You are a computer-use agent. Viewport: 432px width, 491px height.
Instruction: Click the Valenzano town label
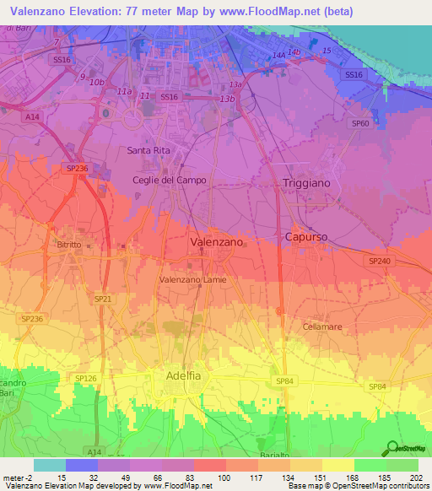point(217,241)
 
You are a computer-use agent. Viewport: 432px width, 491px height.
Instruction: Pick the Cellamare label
point(321,324)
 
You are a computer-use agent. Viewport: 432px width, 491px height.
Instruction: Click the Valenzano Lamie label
point(193,278)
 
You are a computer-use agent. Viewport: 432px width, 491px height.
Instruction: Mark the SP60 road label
point(360,123)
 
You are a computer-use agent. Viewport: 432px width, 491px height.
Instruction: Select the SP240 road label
point(379,262)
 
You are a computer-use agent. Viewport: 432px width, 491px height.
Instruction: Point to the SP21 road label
point(103,299)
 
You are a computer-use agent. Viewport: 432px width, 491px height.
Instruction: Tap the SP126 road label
point(84,378)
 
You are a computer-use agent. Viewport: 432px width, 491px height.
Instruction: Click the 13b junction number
point(226,99)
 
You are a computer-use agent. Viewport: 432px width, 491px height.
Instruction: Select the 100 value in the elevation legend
point(224,478)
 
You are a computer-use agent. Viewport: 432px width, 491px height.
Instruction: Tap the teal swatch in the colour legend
point(49,465)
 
